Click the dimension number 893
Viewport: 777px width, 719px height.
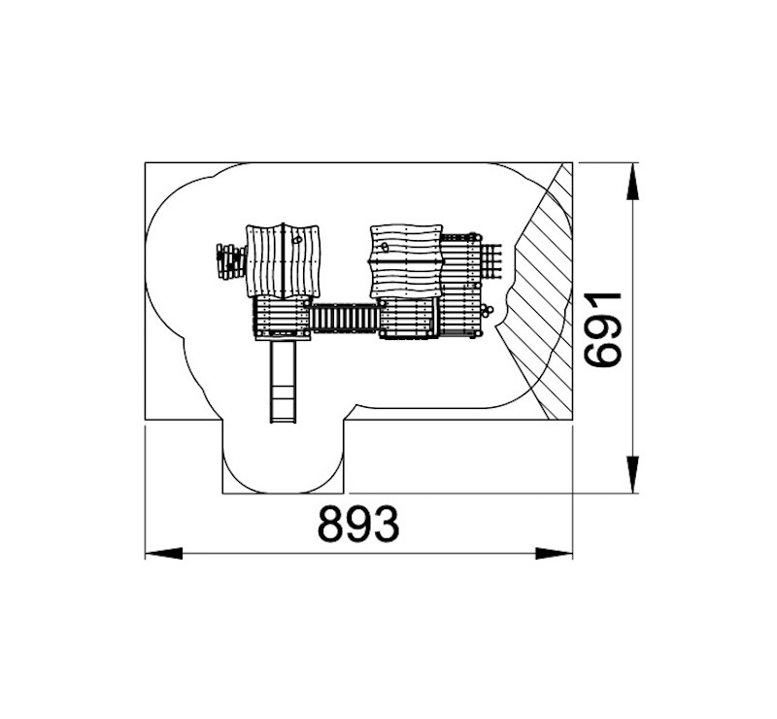(x=358, y=524)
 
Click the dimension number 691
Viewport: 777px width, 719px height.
(x=602, y=329)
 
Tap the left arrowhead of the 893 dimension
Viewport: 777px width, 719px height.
(x=163, y=554)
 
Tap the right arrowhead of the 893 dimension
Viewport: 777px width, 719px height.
(x=554, y=554)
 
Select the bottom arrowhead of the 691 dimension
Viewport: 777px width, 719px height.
(x=632, y=474)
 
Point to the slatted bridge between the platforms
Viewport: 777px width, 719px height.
(x=346, y=319)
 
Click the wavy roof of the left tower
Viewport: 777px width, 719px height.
(x=284, y=261)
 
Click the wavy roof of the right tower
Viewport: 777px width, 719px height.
(x=406, y=261)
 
